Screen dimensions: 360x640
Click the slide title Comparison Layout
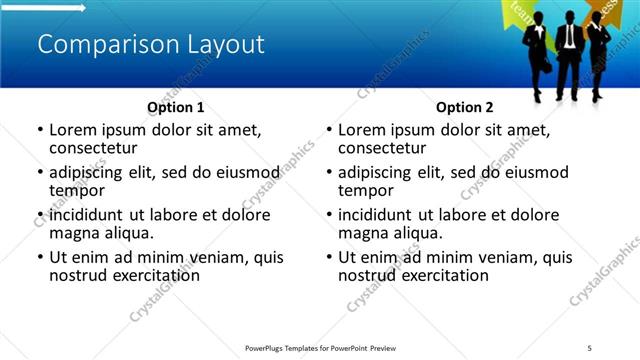click(x=150, y=45)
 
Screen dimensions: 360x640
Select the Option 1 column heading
click(x=175, y=107)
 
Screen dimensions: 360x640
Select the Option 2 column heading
click(x=464, y=107)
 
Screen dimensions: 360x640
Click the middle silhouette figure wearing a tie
click(x=568, y=55)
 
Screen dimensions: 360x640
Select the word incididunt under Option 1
click(x=88, y=215)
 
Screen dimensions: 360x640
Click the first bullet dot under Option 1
click(x=40, y=130)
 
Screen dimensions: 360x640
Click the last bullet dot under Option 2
click(x=329, y=257)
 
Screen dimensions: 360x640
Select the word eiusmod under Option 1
click(x=249, y=172)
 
